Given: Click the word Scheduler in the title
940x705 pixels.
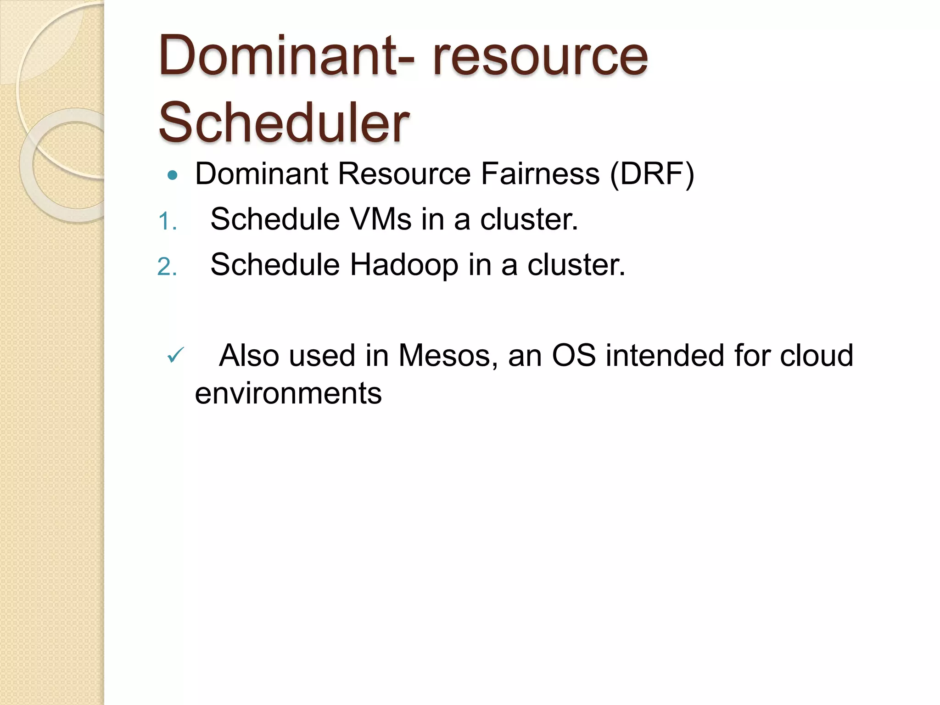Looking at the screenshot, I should (x=284, y=123).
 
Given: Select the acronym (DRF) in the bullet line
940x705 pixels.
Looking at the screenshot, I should (x=652, y=174).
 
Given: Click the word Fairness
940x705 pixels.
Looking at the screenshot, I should (x=540, y=174).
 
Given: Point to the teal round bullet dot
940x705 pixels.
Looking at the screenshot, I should (x=173, y=175).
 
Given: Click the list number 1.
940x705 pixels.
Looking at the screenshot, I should (x=166, y=222).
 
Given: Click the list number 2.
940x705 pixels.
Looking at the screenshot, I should (x=166, y=267).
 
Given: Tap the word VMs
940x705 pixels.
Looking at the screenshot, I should (x=380, y=219).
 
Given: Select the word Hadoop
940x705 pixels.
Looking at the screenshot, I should (x=404, y=265).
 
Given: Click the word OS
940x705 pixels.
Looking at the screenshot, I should (x=574, y=356).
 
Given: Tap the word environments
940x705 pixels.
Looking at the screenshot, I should (x=288, y=393).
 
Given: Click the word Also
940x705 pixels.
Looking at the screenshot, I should (x=249, y=356).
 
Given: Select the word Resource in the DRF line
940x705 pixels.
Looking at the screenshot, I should (x=404, y=174).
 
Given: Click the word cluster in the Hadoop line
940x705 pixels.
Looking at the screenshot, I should (x=576, y=265).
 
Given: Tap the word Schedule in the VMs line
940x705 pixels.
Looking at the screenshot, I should (x=274, y=219).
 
